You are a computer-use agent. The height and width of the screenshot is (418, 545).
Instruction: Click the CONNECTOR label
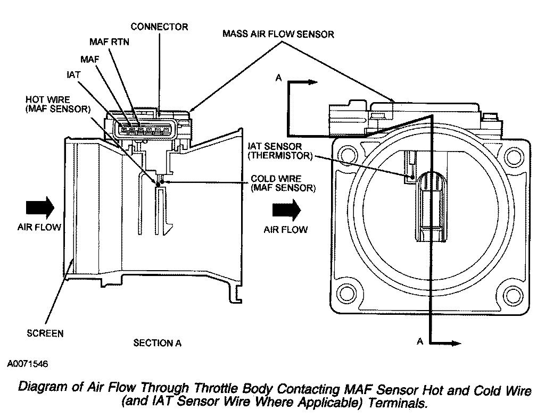tap(159, 26)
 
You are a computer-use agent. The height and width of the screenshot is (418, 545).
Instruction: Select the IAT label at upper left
tap(73, 75)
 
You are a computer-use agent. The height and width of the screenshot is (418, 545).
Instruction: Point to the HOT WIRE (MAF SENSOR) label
tap(58, 104)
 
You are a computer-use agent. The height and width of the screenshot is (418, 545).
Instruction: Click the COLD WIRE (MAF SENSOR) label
tap(283, 183)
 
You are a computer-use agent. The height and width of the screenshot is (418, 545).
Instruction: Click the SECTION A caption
tap(157, 343)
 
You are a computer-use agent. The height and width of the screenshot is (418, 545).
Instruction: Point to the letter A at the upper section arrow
tap(277, 78)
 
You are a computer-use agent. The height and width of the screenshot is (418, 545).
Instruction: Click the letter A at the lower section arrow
tap(420, 342)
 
